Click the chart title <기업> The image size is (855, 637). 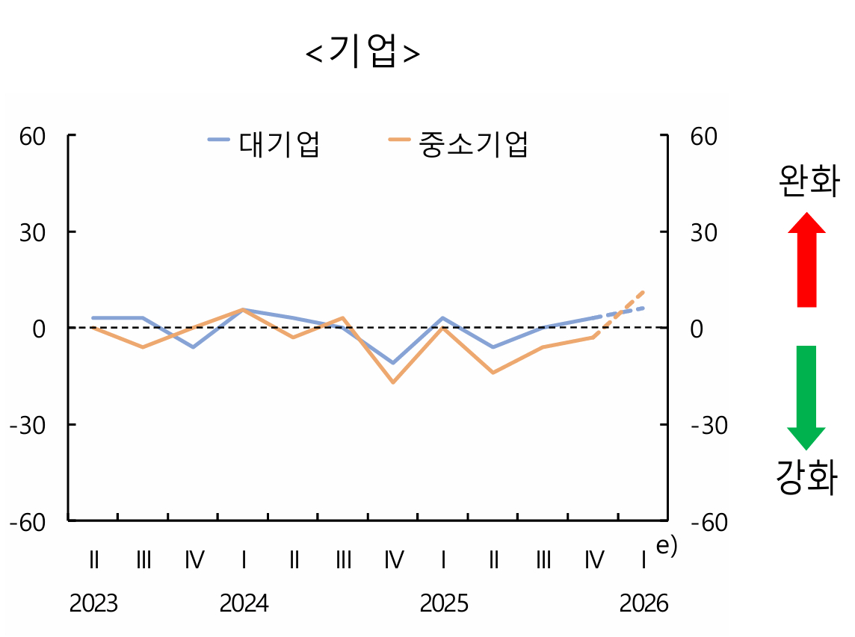tap(363, 53)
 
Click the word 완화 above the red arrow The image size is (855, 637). tap(809, 181)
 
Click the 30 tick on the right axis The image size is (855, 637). tap(703, 233)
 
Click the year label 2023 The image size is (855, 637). tap(93, 603)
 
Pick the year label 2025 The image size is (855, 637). tap(444, 603)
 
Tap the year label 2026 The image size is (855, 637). tap(643, 603)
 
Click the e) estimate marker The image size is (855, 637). tap(666, 546)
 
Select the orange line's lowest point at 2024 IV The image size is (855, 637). tap(393, 382)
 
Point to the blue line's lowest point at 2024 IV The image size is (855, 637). tap(393, 363)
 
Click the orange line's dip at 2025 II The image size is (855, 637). tap(493, 372)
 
